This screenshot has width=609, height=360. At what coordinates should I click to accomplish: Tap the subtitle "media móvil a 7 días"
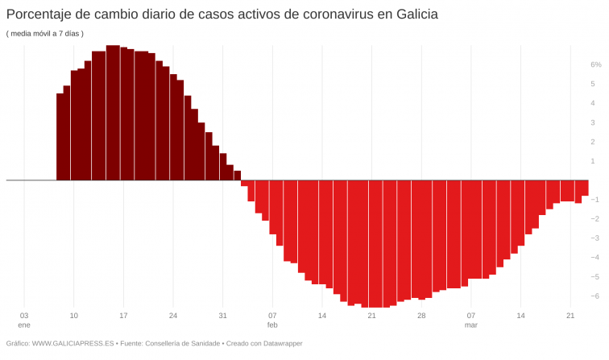(45, 33)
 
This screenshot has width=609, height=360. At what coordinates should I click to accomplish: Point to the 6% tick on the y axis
(595, 64)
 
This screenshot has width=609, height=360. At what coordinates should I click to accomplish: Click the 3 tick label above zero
(593, 122)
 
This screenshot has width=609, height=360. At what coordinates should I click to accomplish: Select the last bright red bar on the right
(585, 188)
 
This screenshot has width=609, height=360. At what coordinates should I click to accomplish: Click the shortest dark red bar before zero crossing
(238, 175)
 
